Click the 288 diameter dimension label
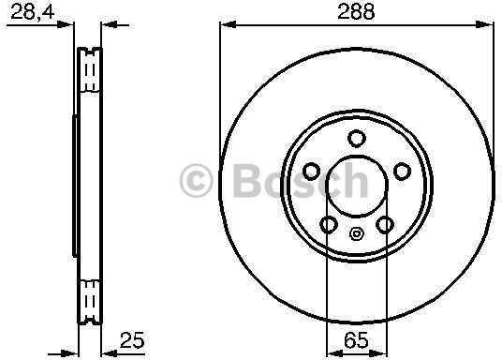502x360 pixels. point(356,12)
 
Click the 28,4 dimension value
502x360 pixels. point(33,13)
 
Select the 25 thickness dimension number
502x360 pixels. point(132,340)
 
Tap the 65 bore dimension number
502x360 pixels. point(356,340)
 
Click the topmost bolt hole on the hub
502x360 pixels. point(356,139)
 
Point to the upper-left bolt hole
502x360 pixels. point(311,172)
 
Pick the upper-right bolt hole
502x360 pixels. point(402,172)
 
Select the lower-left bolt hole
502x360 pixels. point(329,224)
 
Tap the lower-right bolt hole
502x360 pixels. point(385,224)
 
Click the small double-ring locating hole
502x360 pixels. point(356,233)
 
